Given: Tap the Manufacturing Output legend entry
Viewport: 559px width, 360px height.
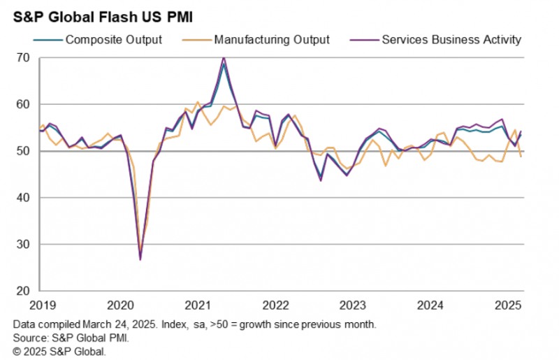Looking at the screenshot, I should click(x=273, y=39).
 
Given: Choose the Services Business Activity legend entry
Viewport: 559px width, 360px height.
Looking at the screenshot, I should click(x=451, y=39).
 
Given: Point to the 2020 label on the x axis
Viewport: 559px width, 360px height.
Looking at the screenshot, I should click(x=120, y=305).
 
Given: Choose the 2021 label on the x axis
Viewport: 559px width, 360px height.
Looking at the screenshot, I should click(x=198, y=305).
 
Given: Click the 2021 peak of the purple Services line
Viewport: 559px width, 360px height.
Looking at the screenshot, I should click(x=224, y=57).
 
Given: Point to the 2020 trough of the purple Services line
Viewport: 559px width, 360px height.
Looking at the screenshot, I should click(x=140, y=259).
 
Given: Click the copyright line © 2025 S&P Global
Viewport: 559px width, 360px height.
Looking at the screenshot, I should click(x=59, y=352).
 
